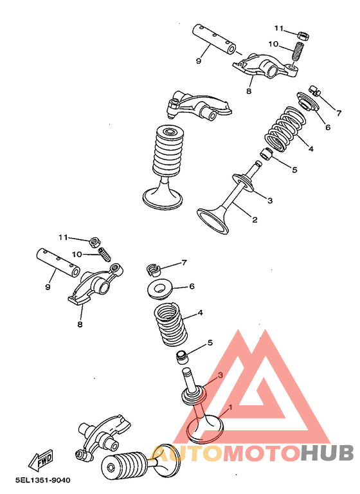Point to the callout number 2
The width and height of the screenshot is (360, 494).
click(255, 220)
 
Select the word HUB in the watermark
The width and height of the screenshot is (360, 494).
click(326, 454)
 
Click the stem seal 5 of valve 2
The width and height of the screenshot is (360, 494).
click(266, 155)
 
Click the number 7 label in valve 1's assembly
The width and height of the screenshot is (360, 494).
click(184, 262)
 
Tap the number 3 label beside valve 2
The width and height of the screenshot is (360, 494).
click(270, 201)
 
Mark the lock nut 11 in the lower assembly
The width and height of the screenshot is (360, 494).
click(94, 242)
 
